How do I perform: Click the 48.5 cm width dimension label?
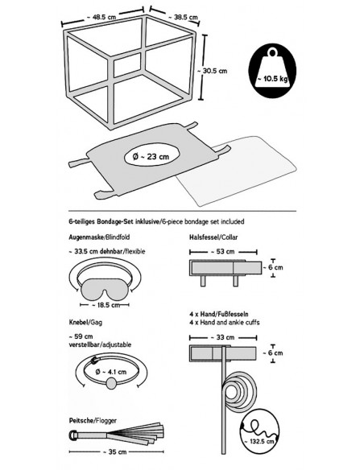click(101, 17)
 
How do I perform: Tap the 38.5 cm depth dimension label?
click(183, 17)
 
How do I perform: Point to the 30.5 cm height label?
click(212, 71)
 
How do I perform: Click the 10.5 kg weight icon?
click(272, 71)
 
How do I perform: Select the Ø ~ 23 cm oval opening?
click(151, 156)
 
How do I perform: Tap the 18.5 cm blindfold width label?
click(105, 305)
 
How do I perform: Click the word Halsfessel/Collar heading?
click(213, 237)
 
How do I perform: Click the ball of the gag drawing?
click(111, 383)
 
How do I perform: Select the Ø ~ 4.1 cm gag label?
click(111, 372)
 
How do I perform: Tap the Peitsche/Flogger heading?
click(93, 421)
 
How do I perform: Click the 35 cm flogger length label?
click(114, 451)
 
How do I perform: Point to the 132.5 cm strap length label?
click(259, 442)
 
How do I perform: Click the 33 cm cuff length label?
click(223, 337)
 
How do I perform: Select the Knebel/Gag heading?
click(85, 323)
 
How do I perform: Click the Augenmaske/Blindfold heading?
click(99, 237)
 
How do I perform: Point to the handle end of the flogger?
click(73, 435)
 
